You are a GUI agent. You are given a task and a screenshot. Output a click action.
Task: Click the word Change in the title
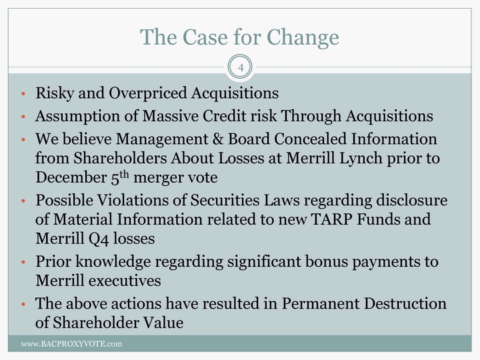tap(303, 38)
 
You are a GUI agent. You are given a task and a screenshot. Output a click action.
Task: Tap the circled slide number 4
tap(240, 67)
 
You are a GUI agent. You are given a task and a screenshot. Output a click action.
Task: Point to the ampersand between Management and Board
tap(218, 139)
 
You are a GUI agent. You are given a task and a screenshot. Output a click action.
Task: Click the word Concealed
tap(311, 139)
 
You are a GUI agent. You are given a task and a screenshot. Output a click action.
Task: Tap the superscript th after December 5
tap(124, 175)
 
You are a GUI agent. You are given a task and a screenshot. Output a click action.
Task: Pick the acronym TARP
tap(331, 219)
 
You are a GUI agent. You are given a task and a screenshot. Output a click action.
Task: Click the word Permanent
tap(321, 304)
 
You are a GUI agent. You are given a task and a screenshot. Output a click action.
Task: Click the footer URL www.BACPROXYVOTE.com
tap(71, 344)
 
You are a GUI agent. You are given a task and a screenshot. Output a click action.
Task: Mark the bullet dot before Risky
tap(23, 94)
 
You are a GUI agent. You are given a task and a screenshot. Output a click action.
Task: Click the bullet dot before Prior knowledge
tap(23, 262)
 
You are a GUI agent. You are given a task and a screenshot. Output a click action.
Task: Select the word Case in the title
tap(205, 37)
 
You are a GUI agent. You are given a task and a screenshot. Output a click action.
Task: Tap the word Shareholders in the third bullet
tap(120, 158)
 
